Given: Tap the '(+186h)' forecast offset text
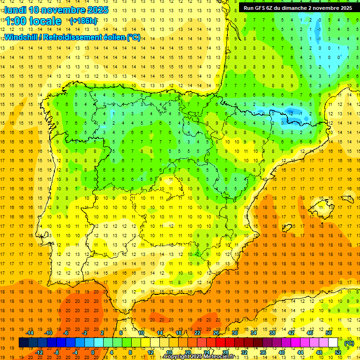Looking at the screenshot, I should (83, 21).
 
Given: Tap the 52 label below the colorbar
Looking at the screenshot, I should (338, 352).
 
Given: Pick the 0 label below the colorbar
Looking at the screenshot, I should (93, 352).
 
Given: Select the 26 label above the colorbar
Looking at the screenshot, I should (216, 333).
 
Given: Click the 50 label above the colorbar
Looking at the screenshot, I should (329, 333).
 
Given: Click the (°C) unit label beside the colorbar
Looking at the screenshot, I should (349, 343).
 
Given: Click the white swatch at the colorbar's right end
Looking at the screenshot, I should (333, 343).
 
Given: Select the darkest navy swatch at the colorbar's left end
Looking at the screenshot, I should (23, 343).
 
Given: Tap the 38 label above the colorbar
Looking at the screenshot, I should (272, 333).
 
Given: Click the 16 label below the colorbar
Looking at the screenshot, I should (169, 352).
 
